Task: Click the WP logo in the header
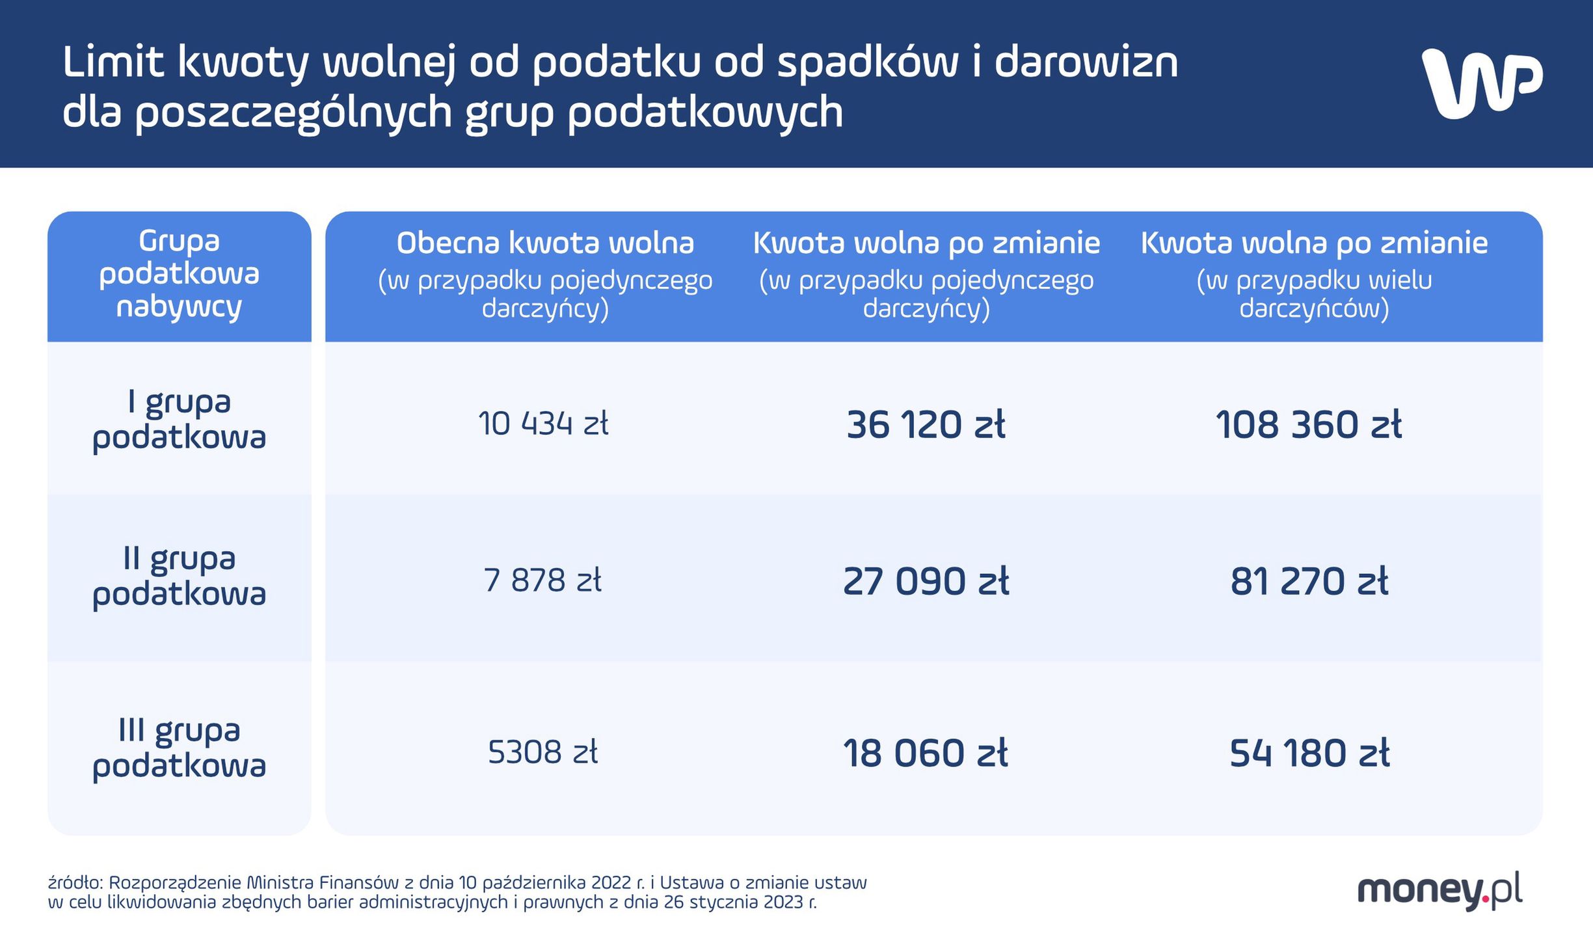[x=1481, y=83]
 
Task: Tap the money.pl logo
[x=1439, y=890]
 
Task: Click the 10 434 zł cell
[x=543, y=424]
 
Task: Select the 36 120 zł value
[x=926, y=425]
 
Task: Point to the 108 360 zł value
[x=1309, y=425]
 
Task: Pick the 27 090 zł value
[x=926, y=581]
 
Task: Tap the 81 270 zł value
[x=1309, y=581]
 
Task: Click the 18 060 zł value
[x=926, y=754]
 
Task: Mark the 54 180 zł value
[x=1309, y=754]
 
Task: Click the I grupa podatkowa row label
[x=179, y=420]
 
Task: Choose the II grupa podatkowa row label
[x=179, y=577]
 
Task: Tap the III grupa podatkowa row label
[x=179, y=748]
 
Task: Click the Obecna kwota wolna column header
[x=545, y=243]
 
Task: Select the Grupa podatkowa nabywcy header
[x=179, y=274]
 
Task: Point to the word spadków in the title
[x=868, y=63]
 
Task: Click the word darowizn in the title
[x=1086, y=63]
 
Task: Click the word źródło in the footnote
[x=75, y=883]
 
